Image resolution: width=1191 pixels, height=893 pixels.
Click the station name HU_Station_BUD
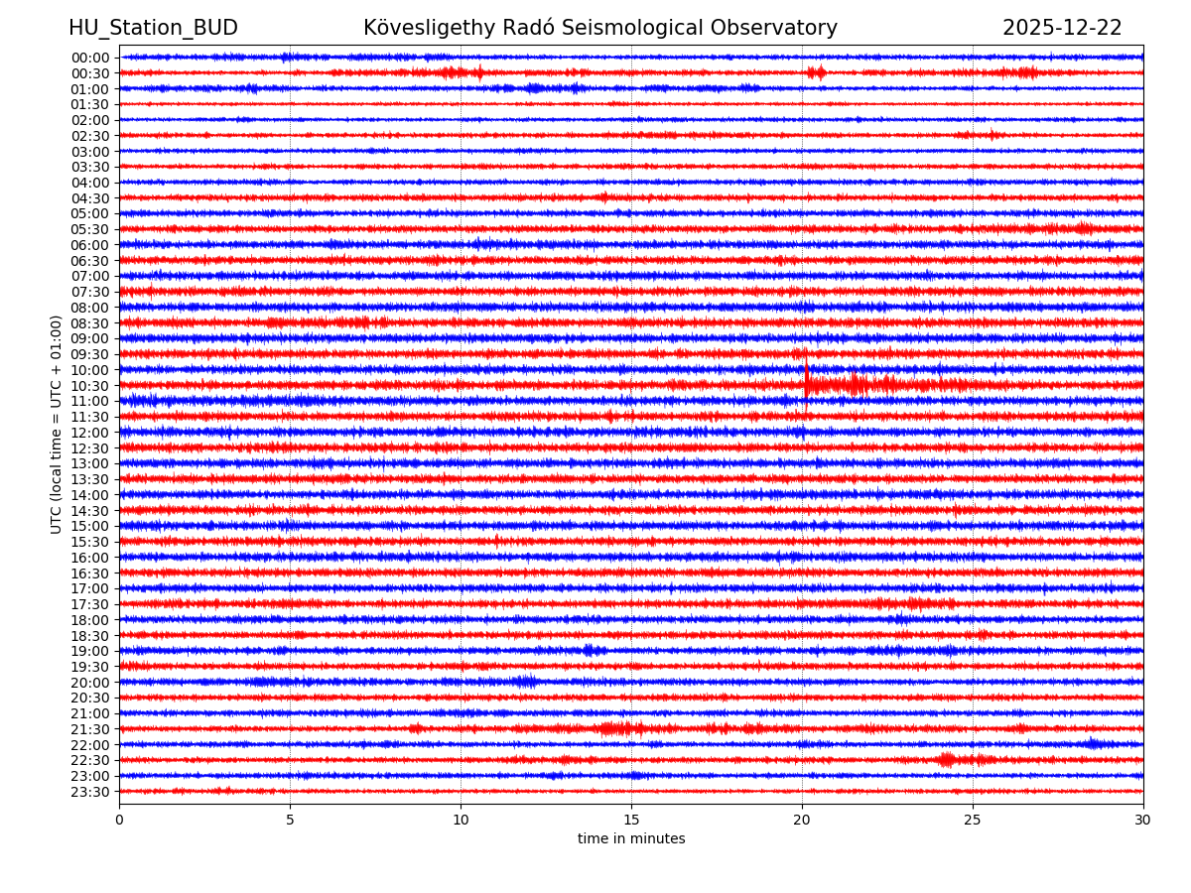tap(153, 28)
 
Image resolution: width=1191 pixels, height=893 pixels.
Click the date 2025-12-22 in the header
tap(1062, 28)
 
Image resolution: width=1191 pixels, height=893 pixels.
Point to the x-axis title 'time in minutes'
tap(631, 839)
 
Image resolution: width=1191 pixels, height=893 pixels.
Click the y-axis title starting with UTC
tap(57, 425)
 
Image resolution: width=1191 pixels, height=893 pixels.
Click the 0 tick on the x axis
tap(119, 820)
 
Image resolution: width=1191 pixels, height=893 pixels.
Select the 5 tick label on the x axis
tap(290, 820)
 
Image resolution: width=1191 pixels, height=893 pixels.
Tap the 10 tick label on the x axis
tap(461, 820)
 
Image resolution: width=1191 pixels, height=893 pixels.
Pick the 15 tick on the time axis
tap(631, 820)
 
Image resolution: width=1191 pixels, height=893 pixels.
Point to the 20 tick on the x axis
tap(802, 820)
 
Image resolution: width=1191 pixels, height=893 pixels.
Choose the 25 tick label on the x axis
tap(973, 820)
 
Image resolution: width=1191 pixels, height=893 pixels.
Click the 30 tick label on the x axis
tap(1143, 820)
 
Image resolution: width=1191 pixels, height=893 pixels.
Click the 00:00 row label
tap(89, 58)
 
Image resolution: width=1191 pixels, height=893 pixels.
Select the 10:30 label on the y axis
tap(89, 386)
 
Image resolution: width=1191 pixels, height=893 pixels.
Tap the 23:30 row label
tap(89, 792)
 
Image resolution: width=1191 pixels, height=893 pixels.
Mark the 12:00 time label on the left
tap(89, 433)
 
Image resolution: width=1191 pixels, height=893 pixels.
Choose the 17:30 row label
tap(89, 604)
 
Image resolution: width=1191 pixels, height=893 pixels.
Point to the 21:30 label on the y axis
tap(89, 729)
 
